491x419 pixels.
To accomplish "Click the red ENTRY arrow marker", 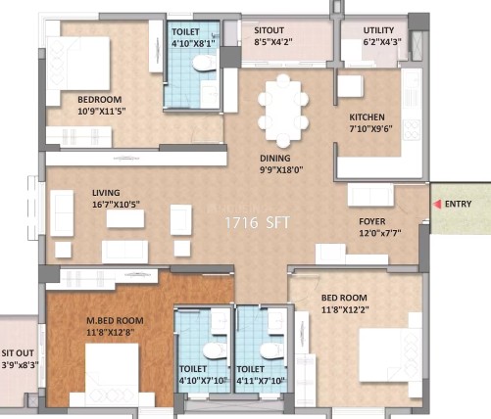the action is (437, 204).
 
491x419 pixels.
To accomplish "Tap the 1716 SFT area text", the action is (258, 223).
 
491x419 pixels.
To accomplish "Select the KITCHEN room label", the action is (367, 117).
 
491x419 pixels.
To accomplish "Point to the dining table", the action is (283, 111).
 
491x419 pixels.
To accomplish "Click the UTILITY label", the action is (378, 30).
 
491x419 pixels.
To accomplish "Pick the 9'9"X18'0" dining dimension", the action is (281, 170).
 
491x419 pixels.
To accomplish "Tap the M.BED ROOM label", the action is (115, 321).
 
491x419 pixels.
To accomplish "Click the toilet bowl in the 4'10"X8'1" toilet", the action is (204, 64).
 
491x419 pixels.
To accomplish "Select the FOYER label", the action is (372, 221).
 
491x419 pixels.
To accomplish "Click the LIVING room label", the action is (106, 193).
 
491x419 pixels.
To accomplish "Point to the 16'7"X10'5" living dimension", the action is (116, 205).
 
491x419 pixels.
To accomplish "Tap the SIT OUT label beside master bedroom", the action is (18, 353).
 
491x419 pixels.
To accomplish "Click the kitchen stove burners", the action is (412, 130).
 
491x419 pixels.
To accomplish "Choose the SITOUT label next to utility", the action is (270, 30).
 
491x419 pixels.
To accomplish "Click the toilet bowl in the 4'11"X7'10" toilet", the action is (272, 350).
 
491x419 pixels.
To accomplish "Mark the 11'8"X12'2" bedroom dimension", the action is (345, 309).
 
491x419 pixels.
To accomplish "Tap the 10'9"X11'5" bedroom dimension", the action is (102, 112).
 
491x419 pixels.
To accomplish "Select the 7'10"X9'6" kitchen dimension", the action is (370, 129).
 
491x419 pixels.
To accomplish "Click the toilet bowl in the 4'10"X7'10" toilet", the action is (215, 350).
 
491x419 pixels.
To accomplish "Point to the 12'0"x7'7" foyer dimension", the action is (380, 233).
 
